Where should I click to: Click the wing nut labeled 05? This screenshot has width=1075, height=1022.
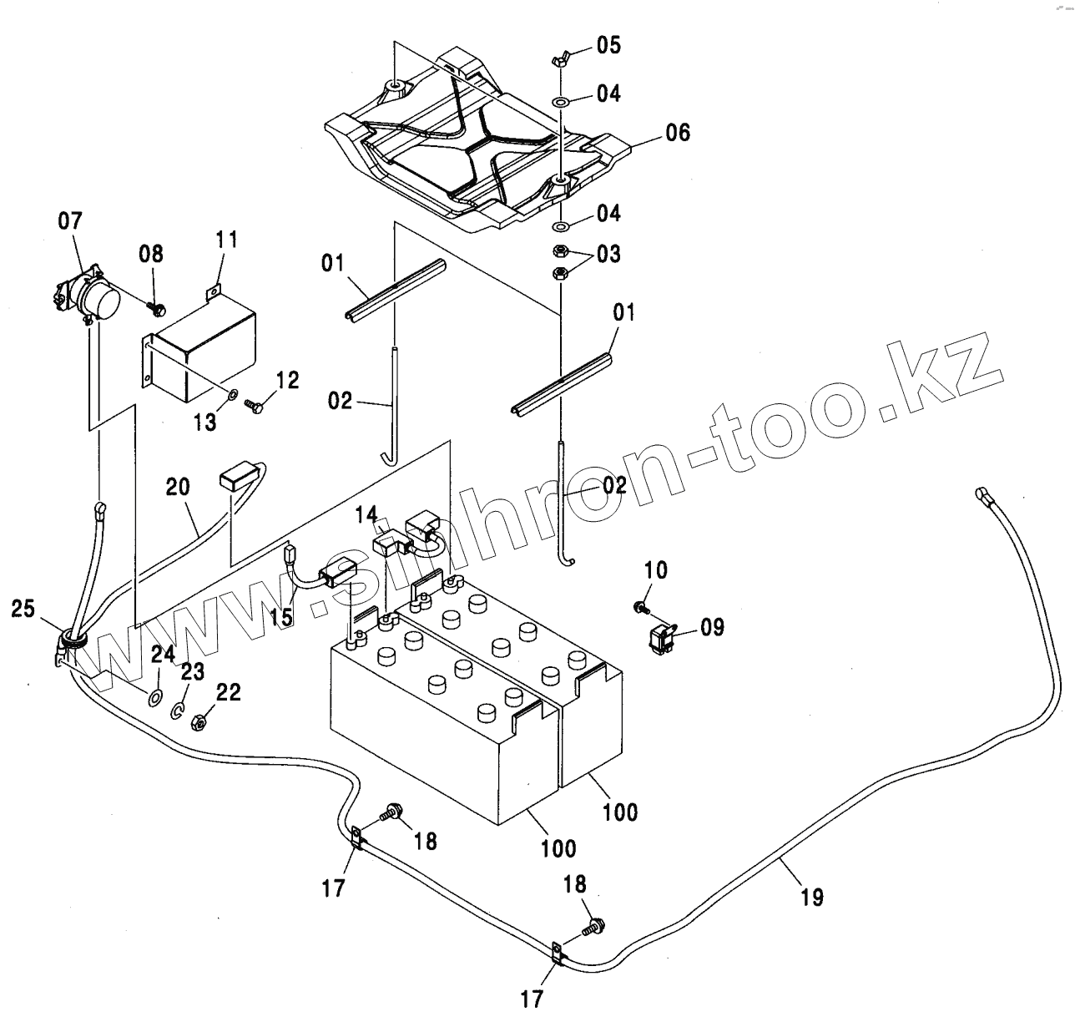point(561,59)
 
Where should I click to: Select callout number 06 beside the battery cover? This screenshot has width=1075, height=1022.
point(678,133)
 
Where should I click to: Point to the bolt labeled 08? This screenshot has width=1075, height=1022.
point(154,308)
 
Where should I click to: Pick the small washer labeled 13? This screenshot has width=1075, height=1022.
point(233,393)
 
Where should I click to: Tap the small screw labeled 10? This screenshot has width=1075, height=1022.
point(640,605)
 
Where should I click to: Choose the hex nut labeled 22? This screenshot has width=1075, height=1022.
point(199,721)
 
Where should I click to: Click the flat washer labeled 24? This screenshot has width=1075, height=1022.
point(155,696)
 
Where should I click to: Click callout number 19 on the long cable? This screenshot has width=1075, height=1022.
point(811,898)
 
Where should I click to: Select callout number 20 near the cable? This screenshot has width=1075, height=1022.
point(178,487)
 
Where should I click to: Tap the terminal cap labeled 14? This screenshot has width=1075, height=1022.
point(386,543)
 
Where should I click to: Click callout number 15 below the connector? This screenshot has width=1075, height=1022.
point(281,617)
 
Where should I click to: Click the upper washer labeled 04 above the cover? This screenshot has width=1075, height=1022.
point(561,102)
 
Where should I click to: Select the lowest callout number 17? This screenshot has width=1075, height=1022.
point(531,999)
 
